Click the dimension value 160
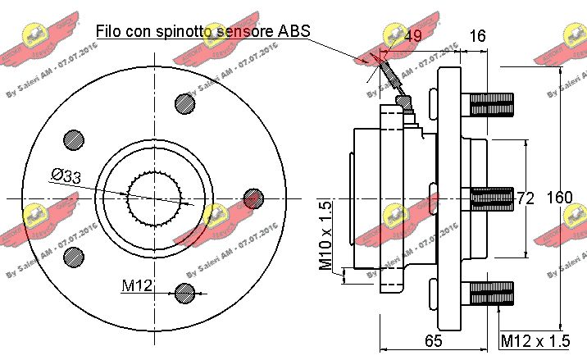point(559,198)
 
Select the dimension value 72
point(525,198)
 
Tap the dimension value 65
point(434,339)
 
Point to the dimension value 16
point(477,36)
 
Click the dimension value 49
point(412,36)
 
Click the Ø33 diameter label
point(66,175)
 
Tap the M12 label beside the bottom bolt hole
point(137,285)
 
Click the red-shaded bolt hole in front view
point(255,197)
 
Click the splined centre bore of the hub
point(154,198)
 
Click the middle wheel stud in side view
point(489,198)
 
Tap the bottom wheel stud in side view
point(489,293)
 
